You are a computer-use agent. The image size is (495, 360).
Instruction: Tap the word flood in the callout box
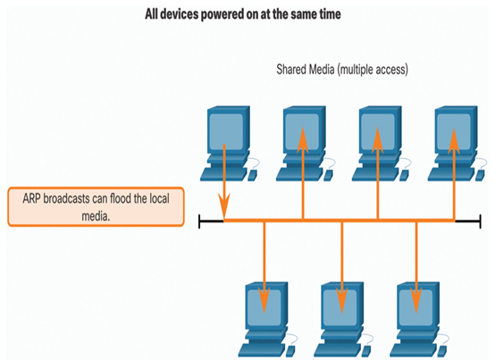[x=121, y=199]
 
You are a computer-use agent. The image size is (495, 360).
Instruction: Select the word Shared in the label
[x=290, y=69]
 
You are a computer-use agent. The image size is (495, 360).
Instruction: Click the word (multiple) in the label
[x=354, y=70]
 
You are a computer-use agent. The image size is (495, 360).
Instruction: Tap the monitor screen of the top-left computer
[x=226, y=131]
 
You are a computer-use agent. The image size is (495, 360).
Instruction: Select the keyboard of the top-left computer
[x=223, y=174]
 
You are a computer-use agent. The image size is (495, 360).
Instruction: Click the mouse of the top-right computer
[x=481, y=175]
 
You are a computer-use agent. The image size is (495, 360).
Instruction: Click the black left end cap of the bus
[x=199, y=221]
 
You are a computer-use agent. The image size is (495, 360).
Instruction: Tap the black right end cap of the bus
[x=480, y=221]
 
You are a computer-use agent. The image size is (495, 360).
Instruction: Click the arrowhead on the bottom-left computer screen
[x=264, y=300]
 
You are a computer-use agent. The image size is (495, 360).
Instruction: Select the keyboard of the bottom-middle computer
[x=337, y=350]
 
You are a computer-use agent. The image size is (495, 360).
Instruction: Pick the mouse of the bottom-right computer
[x=442, y=351]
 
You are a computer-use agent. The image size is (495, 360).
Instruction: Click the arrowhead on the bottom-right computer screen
[x=416, y=300]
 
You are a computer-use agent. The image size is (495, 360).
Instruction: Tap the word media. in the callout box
[x=96, y=216]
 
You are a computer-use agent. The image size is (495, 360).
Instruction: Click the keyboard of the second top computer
[x=299, y=174]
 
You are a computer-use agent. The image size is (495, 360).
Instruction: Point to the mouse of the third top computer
[x=405, y=175]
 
